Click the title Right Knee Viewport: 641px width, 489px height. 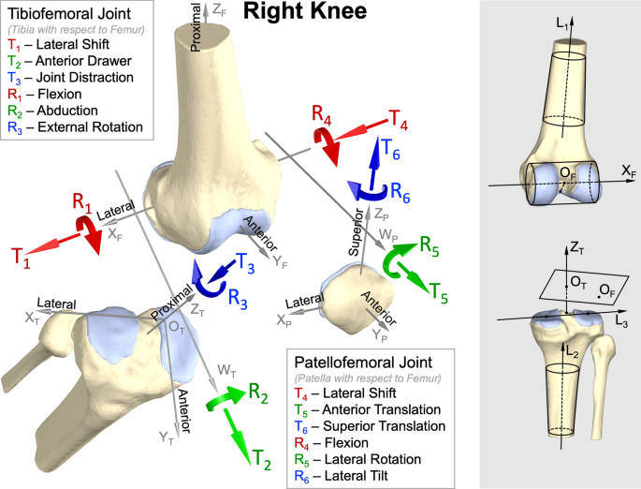[305, 11]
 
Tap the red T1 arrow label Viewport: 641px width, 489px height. [22, 259]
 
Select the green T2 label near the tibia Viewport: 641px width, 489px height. [262, 459]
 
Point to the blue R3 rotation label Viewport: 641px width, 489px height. [238, 298]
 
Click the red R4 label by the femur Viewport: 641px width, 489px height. [321, 114]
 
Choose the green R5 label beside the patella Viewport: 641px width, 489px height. [430, 246]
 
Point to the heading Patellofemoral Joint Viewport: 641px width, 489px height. [363, 363]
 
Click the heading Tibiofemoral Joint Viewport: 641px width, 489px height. [69, 13]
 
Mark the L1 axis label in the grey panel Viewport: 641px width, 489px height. [562, 23]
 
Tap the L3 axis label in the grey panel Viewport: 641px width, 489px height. [621, 321]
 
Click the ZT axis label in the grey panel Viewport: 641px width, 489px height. [576, 248]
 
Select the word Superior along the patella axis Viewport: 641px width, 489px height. [357, 232]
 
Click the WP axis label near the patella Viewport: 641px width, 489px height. [388, 235]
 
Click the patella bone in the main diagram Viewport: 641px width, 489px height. [356, 298]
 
